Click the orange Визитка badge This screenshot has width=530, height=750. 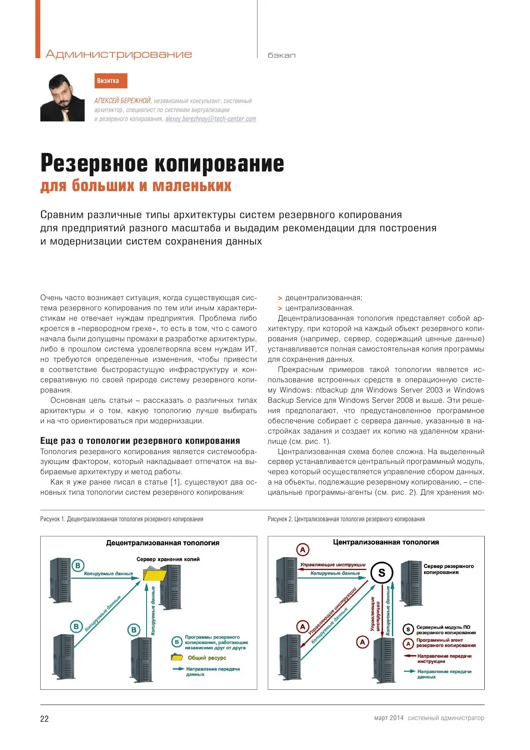tap(111, 81)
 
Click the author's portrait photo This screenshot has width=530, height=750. tap(62, 98)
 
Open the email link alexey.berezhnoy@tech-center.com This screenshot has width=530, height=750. tap(211, 119)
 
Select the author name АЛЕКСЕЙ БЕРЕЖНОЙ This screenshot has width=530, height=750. tap(123, 101)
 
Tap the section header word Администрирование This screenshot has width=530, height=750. tap(119, 54)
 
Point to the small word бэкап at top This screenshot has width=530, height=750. tap(281, 55)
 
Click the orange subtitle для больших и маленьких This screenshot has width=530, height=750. tap(136, 186)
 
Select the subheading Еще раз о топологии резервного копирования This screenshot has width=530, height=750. tap(140, 440)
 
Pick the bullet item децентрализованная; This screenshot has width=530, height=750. tap(324, 298)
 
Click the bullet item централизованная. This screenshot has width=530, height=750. tap(319, 308)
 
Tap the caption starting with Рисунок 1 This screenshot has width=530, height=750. tap(122, 519)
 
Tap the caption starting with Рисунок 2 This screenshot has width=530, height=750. tap(346, 519)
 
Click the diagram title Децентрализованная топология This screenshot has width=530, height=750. tap(162, 543)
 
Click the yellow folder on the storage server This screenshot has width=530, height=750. tap(154, 574)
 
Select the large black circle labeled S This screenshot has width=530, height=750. tap(382, 573)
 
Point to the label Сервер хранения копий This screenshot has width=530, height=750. tap(168, 559)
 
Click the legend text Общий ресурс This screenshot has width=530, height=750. tap(207, 658)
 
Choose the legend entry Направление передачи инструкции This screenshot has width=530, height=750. tap(444, 658)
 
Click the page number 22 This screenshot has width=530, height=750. tap(44, 719)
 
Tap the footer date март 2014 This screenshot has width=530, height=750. tap(389, 718)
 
